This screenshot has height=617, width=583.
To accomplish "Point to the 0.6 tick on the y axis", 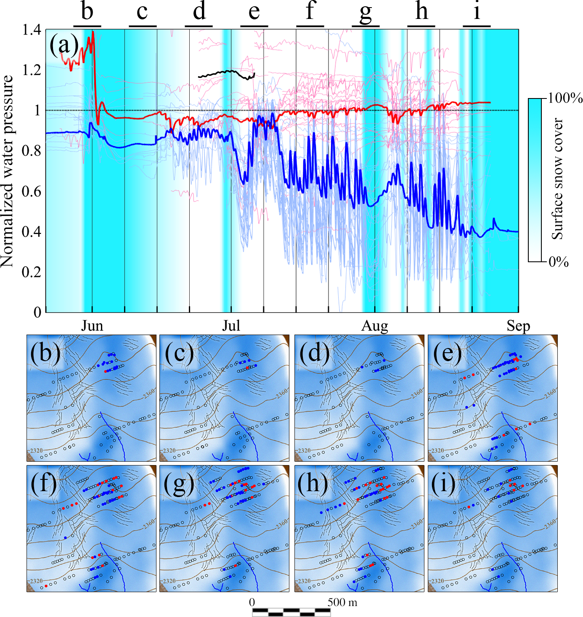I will pyautogui.click(x=32, y=191).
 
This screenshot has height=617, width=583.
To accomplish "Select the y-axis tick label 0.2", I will pyautogui.click(x=32, y=272).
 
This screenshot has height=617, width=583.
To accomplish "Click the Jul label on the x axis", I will pyautogui.click(x=231, y=326).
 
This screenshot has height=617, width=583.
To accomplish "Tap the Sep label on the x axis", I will pyautogui.click(x=518, y=326).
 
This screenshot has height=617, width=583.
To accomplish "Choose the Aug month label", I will pyautogui.click(x=375, y=326).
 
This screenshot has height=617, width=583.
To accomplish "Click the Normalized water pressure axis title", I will pyautogui.click(x=8, y=171).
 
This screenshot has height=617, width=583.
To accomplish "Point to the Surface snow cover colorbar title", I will pyautogui.click(x=558, y=179).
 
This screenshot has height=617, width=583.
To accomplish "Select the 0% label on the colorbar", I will pyautogui.click(x=559, y=262).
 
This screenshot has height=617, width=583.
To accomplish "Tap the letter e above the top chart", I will pyautogui.click(x=254, y=12).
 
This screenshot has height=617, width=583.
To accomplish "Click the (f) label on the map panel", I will pyautogui.click(x=44, y=484).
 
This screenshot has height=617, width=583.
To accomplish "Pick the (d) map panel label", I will pyautogui.click(x=314, y=353).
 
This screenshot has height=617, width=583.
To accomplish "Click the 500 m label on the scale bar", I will pyautogui.click(x=342, y=602).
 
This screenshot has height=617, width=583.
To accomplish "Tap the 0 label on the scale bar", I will pyautogui.click(x=252, y=602).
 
